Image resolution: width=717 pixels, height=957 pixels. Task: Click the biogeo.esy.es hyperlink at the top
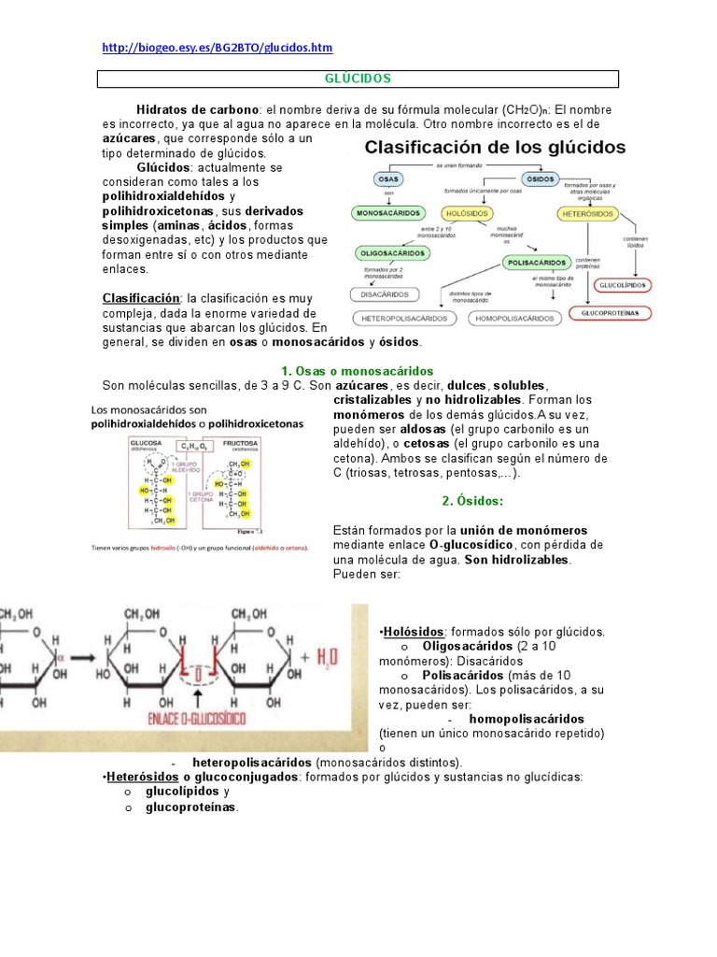point(217,47)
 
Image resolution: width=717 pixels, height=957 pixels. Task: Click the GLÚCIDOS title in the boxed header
point(359,79)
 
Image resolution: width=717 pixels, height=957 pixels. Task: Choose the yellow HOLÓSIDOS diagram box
point(470,214)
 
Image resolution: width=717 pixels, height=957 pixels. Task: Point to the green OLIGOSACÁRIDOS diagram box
point(395,253)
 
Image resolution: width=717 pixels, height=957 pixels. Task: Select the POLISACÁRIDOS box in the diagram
point(537,264)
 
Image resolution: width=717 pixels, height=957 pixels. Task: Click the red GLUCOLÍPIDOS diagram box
point(625,284)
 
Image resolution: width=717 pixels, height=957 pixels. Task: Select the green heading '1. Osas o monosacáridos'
point(358,371)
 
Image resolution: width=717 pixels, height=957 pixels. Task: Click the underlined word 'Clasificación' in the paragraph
point(142,297)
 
